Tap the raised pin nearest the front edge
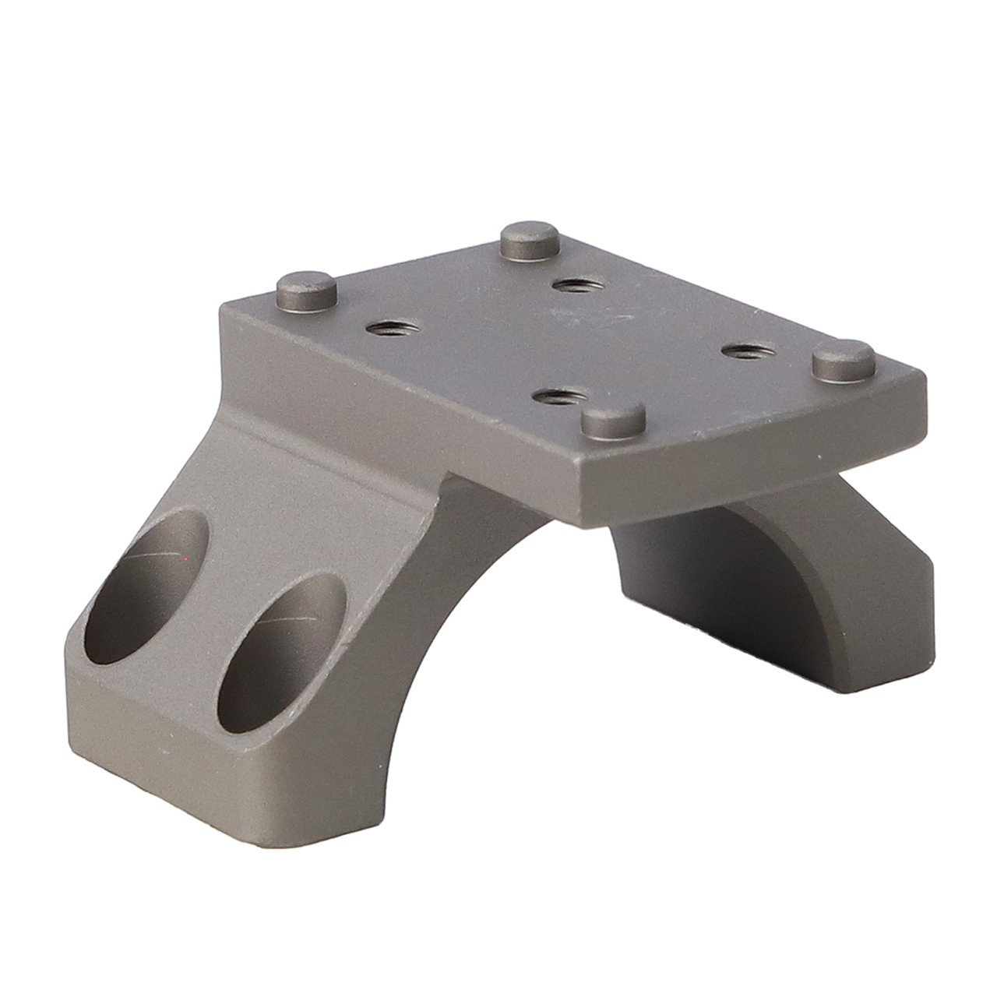pyautogui.click(x=613, y=423)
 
